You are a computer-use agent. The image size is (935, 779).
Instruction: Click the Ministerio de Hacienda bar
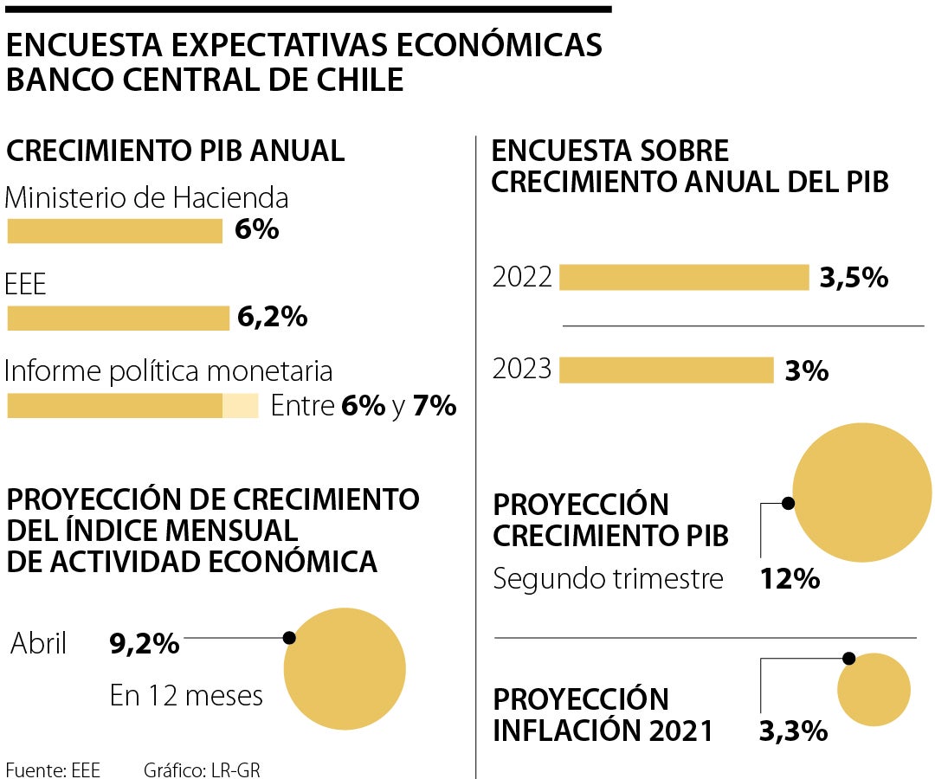coord(114,231)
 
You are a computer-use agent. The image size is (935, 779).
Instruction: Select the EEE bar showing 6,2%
coord(118,319)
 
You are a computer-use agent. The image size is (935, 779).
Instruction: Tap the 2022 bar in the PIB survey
coord(684,278)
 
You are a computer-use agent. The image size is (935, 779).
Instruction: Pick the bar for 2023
coord(666,370)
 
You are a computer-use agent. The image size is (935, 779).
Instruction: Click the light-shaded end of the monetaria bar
coord(241,406)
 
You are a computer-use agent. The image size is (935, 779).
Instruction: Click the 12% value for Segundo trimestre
coord(790,578)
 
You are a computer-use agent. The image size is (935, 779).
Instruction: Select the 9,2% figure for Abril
coord(145,643)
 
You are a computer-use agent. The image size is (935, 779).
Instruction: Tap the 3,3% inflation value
coord(793,731)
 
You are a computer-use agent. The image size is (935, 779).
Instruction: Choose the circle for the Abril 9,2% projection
coord(345,668)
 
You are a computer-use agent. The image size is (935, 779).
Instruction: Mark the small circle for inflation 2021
coord(874,690)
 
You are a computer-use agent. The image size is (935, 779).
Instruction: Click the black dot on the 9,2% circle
coord(289,638)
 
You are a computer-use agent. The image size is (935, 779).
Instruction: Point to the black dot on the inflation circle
coord(848,659)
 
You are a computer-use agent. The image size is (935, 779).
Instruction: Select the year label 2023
coord(522,370)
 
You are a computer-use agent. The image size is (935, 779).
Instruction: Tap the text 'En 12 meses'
coord(186,695)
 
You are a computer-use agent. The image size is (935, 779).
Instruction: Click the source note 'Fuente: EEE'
coord(53,769)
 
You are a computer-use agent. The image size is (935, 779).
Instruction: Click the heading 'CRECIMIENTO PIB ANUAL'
coord(176,151)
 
